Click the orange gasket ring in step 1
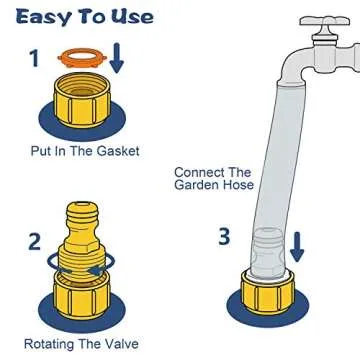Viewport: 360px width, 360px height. [x=82, y=54]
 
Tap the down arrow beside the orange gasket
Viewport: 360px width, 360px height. [x=116, y=57]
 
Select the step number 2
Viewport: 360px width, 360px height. [x=34, y=242]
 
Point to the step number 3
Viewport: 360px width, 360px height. [x=224, y=237]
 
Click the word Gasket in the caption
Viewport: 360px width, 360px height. [x=118, y=151]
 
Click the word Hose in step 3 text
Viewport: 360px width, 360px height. [x=237, y=184]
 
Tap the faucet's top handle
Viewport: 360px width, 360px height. [x=325, y=21]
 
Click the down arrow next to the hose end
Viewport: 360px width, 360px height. [x=297, y=247]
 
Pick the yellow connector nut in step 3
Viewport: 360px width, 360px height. [x=267, y=292]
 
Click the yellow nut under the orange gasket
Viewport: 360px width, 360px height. [x=82, y=101]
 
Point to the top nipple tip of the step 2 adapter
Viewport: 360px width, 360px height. [x=81, y=203]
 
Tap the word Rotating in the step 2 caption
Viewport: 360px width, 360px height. [x=48, y=344]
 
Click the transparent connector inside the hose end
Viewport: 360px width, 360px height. [x=268, y=253]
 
